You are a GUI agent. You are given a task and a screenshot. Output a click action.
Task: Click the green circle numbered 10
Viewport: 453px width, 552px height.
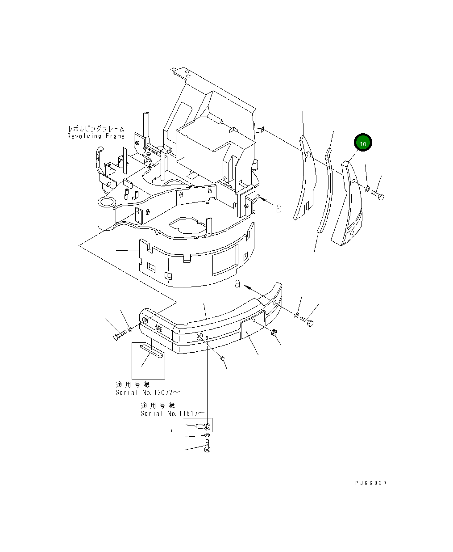[363, 143]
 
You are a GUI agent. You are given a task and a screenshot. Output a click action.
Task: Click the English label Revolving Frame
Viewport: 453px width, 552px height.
[96, 136]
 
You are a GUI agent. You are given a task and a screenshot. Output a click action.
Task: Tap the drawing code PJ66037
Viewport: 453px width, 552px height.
[371, 483]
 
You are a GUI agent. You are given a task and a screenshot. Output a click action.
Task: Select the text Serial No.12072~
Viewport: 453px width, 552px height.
[148, 392]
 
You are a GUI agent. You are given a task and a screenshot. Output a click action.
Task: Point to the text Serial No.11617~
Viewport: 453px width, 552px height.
[173, 413]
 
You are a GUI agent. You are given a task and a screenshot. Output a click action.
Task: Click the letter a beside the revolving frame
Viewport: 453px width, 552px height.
[279, 208]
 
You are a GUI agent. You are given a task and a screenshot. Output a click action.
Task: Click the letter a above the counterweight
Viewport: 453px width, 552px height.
[238, 283]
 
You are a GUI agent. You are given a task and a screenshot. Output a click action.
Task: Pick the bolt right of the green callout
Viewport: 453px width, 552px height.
[378, 195]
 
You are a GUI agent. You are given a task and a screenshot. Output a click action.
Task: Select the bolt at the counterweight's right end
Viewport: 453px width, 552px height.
[307, 321]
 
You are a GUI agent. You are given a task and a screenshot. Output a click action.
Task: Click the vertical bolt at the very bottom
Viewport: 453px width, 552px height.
[207, 446]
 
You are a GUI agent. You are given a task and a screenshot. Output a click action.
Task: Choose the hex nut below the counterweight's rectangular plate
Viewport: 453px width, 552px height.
[274, 333]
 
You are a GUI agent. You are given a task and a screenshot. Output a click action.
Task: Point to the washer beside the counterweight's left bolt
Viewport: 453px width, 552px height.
[130, 329]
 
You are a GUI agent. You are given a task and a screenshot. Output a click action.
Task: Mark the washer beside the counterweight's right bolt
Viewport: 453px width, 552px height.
[297, 316]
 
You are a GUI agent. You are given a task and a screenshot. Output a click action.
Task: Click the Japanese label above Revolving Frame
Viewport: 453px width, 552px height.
[96, 129]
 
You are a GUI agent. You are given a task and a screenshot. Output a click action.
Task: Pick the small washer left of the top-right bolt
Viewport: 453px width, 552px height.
[367, 190]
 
